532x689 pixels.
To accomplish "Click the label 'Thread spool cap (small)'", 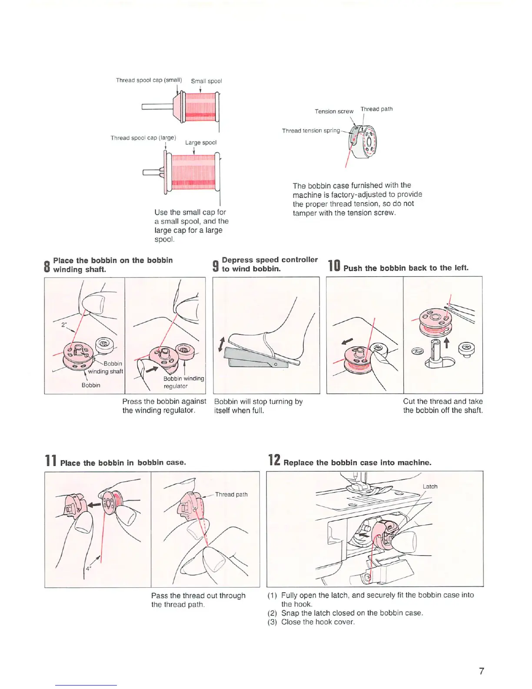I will point(149,80).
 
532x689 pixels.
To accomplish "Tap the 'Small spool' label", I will point(206,81).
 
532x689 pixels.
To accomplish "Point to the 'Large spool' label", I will point(201,142).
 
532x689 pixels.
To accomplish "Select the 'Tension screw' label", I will point(334,111).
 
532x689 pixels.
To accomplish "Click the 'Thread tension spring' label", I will point(311,130).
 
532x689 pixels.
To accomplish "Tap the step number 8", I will point(47,266).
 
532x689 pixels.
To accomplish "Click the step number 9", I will point(215,265).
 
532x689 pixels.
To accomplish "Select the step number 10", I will point(334,266).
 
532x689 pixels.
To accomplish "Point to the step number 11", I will point(50,461).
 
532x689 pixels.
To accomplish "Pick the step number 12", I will point(274,460).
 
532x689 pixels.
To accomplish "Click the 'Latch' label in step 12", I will point(430,486).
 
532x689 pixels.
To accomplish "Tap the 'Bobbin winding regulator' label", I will point(183,382).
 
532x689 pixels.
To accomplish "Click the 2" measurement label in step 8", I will point(63,324).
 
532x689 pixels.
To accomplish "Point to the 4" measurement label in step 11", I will point(88,568).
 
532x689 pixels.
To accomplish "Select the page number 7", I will point(481,671).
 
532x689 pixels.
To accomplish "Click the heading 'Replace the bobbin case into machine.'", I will point(357,463).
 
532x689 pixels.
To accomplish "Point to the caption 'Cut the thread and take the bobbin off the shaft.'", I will point(442,406).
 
